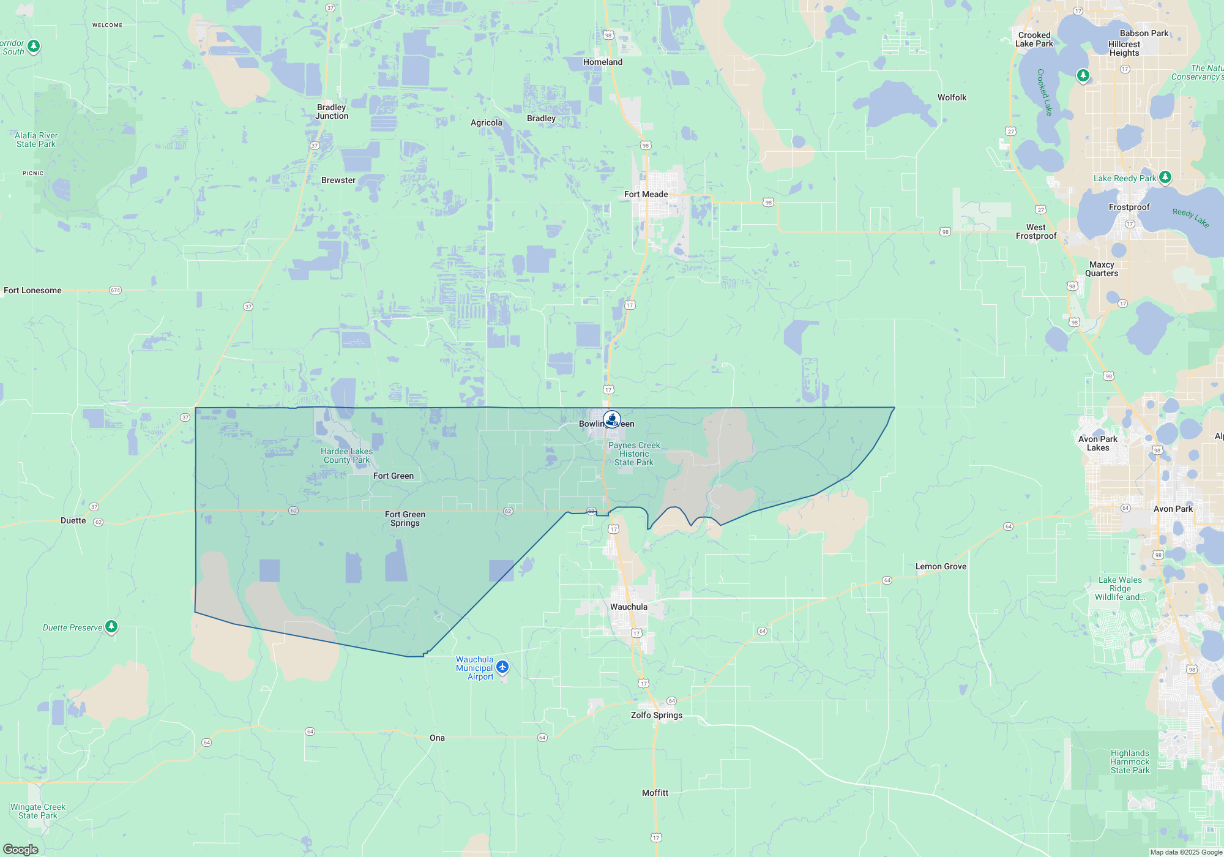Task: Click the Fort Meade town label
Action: click(646, 194)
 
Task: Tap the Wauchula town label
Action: click(629, 607)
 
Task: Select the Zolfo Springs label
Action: click(656, 715)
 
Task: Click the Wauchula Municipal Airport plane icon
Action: click(502, 667)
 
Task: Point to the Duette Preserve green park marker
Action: click(111, 626)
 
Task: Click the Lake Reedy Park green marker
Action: click(1165, 177)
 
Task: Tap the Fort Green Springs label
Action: click(405, 518)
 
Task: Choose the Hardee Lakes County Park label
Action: click(346, 455)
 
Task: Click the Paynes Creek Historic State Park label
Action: click(634, 454)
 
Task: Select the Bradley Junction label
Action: click(332, 111)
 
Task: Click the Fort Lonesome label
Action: click(32, 290)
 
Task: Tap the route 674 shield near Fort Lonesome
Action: click(115, 290)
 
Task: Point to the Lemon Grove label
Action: click(941, 566)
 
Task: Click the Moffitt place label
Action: click(655, 793)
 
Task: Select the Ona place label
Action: click(437, 738)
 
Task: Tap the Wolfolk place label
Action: click(952, 97)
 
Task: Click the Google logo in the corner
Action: click(21, 849)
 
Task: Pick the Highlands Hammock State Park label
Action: click(1130, 762)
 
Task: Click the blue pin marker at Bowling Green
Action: click(612, 419)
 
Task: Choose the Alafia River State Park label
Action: click(36, 140)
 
